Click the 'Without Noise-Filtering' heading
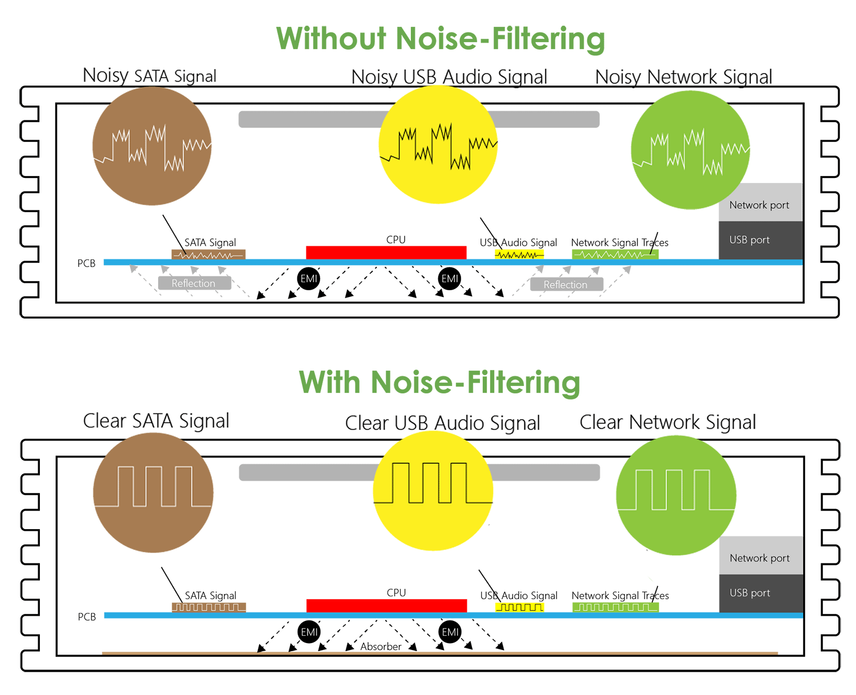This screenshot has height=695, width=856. (440, 39)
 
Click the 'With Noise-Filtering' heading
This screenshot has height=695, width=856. (439, 382)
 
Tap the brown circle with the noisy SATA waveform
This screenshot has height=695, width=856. (152, 146)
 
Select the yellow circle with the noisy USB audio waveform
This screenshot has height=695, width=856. (438, 145)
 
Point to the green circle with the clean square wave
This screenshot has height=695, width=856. (676, 495)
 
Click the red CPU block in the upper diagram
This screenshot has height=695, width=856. (386, 253)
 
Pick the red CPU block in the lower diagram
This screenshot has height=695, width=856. (386, 605)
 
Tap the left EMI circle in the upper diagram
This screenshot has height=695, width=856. (309, 279)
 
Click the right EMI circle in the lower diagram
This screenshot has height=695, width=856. (450, 632)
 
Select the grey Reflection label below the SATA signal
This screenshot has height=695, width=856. (194, 283)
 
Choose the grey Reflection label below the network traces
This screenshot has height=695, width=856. (566, 284)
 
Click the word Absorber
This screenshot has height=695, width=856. (381, 647)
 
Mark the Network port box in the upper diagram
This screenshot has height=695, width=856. (760, 204)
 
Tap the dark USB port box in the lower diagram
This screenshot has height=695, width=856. (760, 594)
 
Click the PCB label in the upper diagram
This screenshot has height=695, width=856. (87, 263)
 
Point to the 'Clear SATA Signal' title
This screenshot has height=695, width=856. (156, 421)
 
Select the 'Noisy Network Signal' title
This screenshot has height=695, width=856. (683, 77)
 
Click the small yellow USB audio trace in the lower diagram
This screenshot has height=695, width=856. (519, 607)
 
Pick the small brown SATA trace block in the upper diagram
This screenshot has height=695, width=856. (208, 255)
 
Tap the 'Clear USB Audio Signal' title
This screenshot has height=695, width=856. (442, 423)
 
